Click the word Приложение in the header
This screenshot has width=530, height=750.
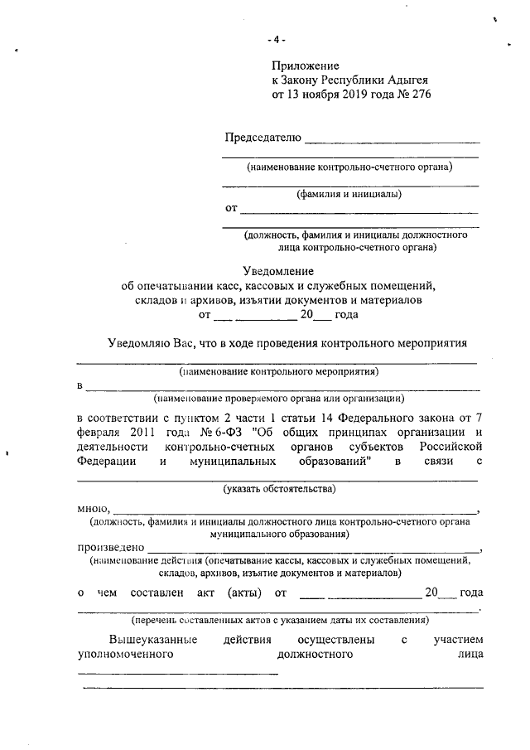306,65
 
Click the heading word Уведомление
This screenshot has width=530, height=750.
277,271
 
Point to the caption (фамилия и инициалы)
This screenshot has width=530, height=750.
349,195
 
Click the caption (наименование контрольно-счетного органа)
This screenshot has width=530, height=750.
349,167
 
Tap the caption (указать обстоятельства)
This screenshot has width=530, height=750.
279,489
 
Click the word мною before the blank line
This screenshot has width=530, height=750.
92,507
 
